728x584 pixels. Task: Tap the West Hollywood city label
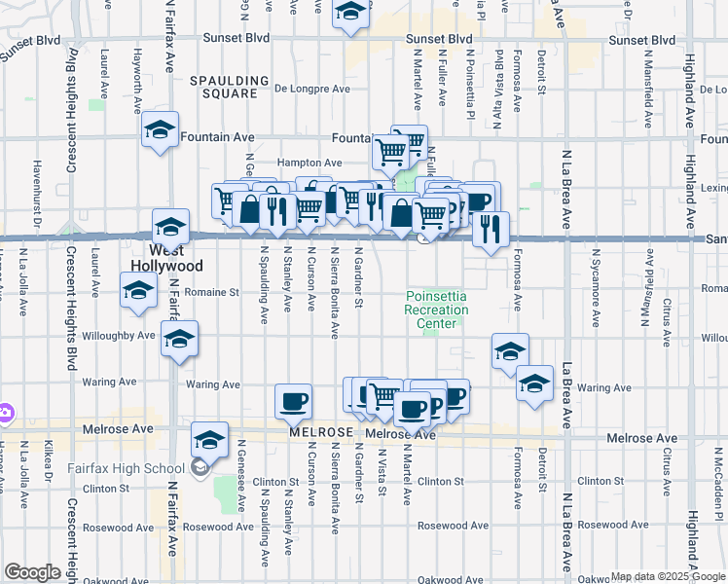coord(167,258)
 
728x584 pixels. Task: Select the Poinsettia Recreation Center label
coord(436,310)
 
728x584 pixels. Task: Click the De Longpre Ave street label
coord(311,88)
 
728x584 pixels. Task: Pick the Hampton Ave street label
coord(309,163)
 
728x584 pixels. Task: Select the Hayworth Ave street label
coord(138,77)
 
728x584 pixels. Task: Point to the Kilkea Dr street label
coord(48,465)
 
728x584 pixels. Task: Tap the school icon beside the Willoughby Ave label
coord(178,339)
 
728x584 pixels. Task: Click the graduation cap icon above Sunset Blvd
coord(350,13)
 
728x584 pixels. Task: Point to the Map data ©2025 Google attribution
coord(667,576)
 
